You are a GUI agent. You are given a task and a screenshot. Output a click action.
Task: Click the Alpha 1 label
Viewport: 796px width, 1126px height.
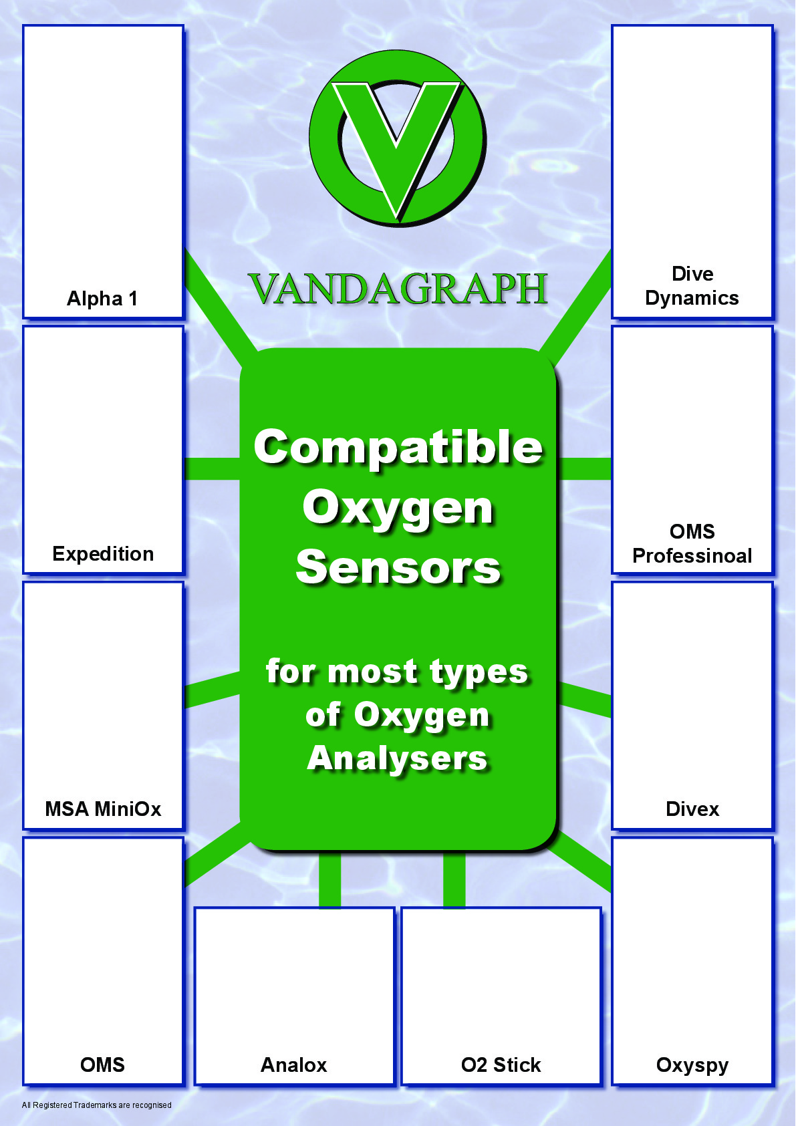click(102, 298)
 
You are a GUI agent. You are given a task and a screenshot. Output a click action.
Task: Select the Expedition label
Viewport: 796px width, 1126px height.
click(103, 553)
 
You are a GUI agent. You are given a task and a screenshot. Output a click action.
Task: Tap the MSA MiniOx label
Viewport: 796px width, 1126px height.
click(103, 809)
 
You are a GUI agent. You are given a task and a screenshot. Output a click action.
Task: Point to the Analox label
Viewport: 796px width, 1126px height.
click(294, 1065)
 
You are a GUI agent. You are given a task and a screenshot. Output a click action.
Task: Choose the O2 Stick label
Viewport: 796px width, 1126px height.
click(501, 1065)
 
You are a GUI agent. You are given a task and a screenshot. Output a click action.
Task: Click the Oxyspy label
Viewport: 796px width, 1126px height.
click(692, 1065)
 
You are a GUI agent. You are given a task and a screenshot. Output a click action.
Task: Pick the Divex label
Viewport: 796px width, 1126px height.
click(692, 809)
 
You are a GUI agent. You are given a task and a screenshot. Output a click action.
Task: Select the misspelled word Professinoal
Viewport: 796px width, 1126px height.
click(692, 555)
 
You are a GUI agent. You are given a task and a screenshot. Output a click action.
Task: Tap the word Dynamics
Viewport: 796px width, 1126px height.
click(692, 298)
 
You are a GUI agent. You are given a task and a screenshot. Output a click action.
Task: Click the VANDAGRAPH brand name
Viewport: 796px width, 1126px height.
click(398, 289)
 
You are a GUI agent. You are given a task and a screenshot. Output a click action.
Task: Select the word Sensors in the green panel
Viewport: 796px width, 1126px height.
click(398, 567)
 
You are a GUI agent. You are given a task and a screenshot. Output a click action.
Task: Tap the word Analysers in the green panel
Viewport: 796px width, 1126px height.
click(398, 758)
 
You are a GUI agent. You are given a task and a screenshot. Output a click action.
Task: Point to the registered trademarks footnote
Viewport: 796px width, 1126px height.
click(96, 1105)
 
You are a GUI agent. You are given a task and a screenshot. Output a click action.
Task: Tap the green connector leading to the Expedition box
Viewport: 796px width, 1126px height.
click(211, 468)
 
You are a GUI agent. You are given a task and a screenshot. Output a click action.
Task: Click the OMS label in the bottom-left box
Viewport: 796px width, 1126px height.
click(102, 1065)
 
